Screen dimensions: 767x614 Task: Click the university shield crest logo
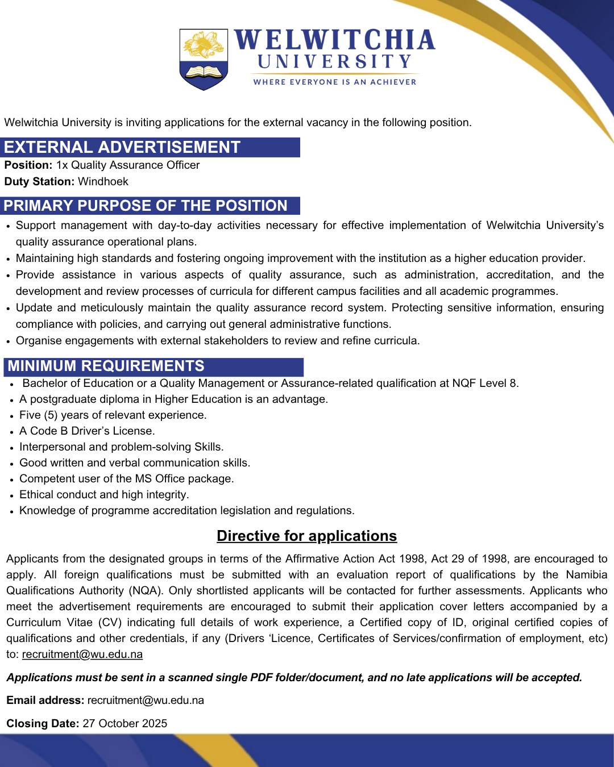click(204, 59)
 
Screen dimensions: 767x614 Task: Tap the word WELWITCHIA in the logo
click(334, 41)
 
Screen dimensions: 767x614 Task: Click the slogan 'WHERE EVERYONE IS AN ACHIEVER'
click(335, 82)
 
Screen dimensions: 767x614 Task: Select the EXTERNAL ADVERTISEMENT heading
click(122, 147)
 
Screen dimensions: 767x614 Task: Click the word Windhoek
click(103, 182)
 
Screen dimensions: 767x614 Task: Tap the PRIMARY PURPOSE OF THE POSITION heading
click(146, 206)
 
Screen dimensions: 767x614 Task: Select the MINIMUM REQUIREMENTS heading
click(106, 366)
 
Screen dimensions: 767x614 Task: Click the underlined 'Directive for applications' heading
click(307, 536)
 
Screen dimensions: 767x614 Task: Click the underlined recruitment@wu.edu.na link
click(82, 654)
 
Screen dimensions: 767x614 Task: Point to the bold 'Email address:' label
click(45, 700)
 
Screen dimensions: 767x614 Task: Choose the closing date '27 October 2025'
click(125, 723)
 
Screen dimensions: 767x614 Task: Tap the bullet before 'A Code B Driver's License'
click(12, 432)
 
